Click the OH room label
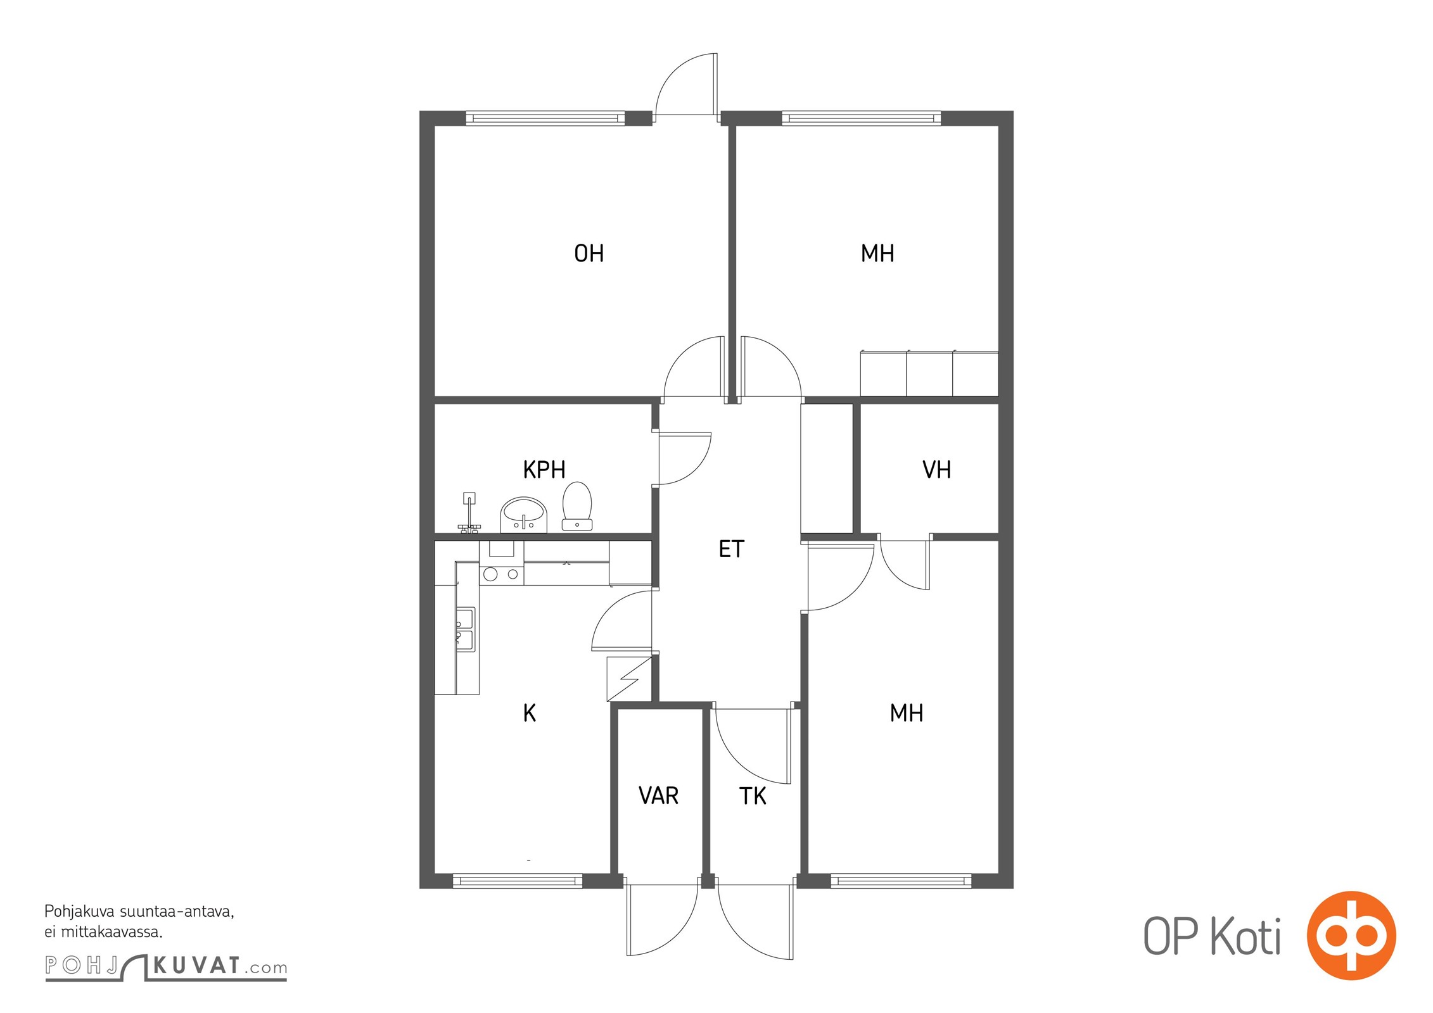pyautogui.click(x=589, y=253)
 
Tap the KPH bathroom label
pyautogui.click(x=544, y=470)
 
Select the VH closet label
pyautogui.click(x=936, y=470)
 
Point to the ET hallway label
pyautogui.click(x=731, y=549)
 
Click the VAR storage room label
pyautogui.click(x=659, y=796)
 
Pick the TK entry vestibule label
pyautogui.click(x=753, y=796)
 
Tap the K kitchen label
pyautogui.click(x=530, y=714)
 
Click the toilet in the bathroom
pyautogui.click(x=577, y=506)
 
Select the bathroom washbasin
pyautogui.click(x=523, y=515)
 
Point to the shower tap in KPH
pyautogui.click(x=469, y=512)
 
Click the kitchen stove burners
pyautogui.click(x=501, y=574)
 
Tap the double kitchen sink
pyautogui.click(x=465, y=629)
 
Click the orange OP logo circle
pyautogui.click(x=1351, y=935)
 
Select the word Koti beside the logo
pyautogui.click(x=1246, y=936)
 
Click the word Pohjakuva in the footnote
pyautogui.click(x=79, y=912)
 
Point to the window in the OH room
pyautogui.click(x=545, y=118)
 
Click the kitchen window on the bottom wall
pyautogui.click(x=518, y=881)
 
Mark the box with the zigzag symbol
pyautogui.click(x=629, y=679)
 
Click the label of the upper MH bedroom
pyautogui.click(x=877, y=253)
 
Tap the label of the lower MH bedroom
pyautogui.click(x=907, y=714)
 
